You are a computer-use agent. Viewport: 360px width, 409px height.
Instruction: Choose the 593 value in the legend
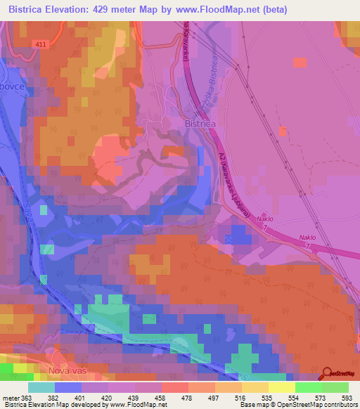pos(347,398)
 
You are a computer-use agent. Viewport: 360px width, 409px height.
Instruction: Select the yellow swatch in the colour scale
pos(281,387)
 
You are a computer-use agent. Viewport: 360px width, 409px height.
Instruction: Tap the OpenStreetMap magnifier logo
pos(326,374)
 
